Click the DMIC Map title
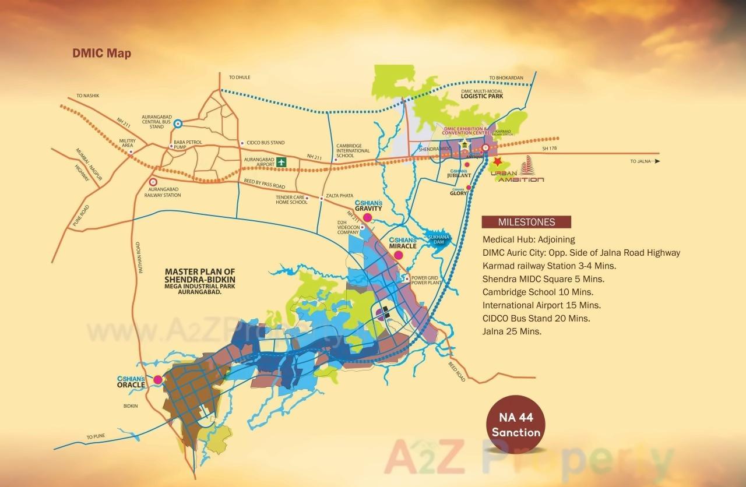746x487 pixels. pyautogui.click(x=102, y=53)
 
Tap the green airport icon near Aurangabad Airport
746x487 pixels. pyautogui.click(x=282, y=162)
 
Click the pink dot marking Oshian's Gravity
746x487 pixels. pyautogui.click(x=368, y=218)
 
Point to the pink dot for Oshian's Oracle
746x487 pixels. pyautogui.click(x=157, y=380)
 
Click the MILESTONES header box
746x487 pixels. pyautogui.click(x=526, y=222)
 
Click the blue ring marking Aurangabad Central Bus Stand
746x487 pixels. pyautogui.click(x=178, y=123)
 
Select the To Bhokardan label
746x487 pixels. pyautogui.click(x=506, y=77)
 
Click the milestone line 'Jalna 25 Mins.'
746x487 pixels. pyautogui.click(x=512, y=331)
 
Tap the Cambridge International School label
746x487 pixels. pyautogui.click(x=353, y=150)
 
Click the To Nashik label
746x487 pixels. pyautogui.click(x=88, y=96)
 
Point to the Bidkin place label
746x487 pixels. pyautogui.click(x=131, y=406)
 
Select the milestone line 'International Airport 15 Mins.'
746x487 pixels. pyautogui.click(x=541, y=305)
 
